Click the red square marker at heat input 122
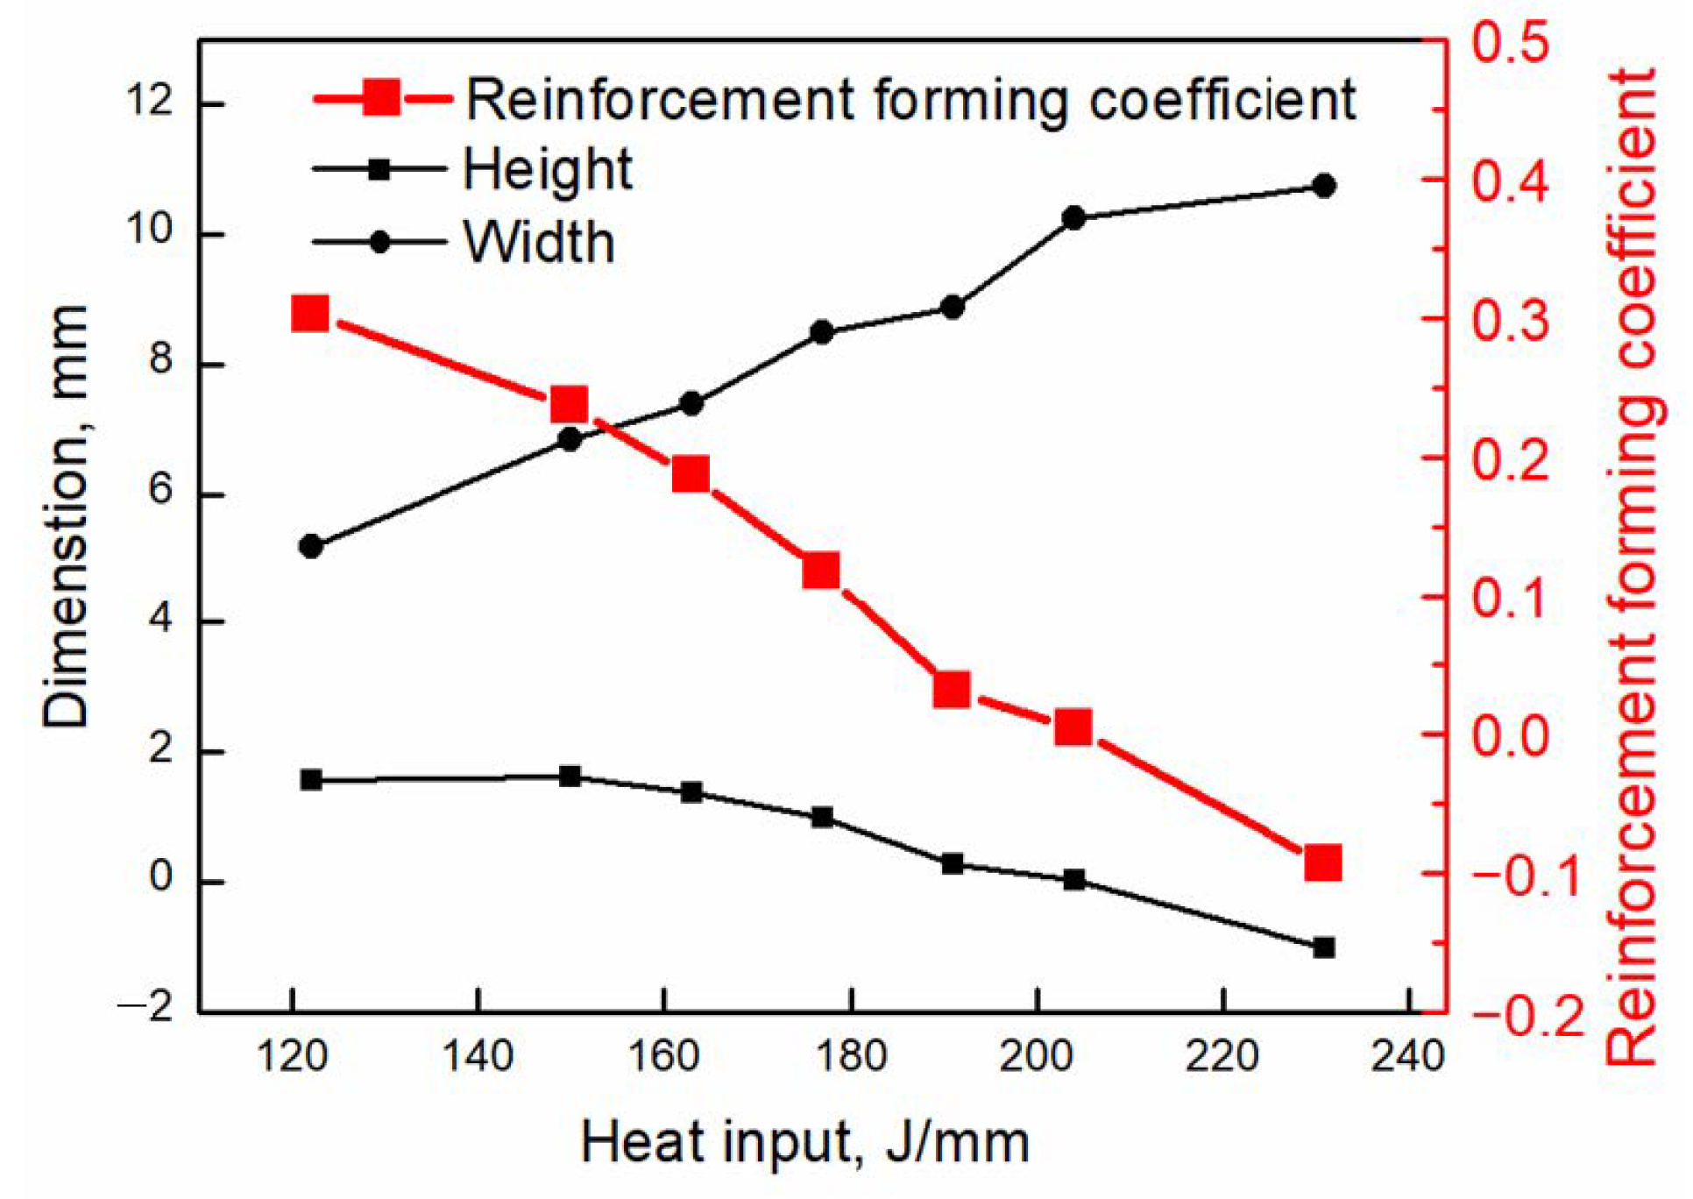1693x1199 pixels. (x=310, y=313)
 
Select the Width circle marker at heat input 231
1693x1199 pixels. (x=1324, y=186)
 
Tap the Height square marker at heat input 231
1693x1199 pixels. (x=1324, y=947)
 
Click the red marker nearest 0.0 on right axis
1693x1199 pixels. (x=1073, y=727)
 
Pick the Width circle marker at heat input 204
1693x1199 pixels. (x=1073, y=218)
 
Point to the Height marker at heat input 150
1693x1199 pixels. (x=570, y=776)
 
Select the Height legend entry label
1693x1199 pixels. (x=548, y=169)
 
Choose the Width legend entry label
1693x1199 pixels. (x=539, y=242)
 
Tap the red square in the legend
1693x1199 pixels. (x=382, y=97)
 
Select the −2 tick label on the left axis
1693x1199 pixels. (x=145, y=1008)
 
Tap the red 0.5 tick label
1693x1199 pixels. (x=1509, y=42)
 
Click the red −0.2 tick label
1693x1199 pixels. (x=1525, y=1017)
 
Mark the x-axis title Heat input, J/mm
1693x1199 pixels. (x=804, y=1143)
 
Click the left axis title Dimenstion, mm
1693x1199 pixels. (x=66, y=517)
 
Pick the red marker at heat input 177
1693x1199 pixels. (x=821, y=571)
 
